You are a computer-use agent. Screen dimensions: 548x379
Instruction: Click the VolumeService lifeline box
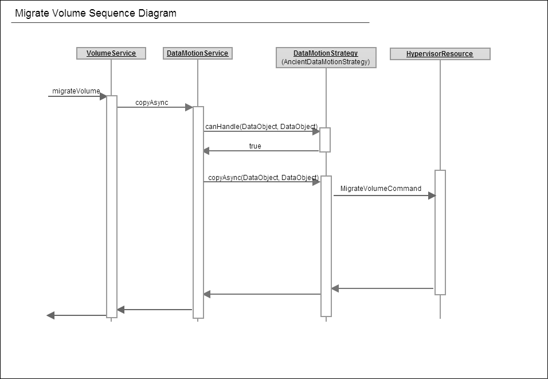(x=111, y=53)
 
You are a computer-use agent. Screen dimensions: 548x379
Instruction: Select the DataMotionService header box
(x=197, y=53)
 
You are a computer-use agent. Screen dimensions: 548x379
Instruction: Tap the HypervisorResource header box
(x=440, y=54)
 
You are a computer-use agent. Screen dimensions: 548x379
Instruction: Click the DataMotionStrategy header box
(x=326, y=57)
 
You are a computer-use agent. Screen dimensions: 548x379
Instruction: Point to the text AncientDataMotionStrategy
(x=326, y=62)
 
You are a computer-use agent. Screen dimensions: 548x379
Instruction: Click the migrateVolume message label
(x=76, y=91)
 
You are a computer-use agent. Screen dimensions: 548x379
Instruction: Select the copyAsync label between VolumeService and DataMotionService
(x=152, y=103)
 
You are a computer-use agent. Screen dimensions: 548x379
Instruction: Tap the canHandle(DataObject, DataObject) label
(x=261, y=126)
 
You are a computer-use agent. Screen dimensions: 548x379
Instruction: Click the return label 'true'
(x=255, y=146)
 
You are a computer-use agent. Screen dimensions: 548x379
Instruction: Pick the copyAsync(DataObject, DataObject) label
(x=264, y=177)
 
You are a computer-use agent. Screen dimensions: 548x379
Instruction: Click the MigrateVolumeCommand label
(x=381, y=189)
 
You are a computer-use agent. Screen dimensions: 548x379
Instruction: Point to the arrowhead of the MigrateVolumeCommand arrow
(x=432, y=196)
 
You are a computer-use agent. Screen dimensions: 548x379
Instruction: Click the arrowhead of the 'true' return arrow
(x=206, y=151)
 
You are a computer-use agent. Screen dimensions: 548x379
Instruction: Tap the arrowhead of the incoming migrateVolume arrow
(x=103, y=96)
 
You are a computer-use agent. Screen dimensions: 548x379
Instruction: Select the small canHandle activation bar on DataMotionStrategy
(x=325, y=140)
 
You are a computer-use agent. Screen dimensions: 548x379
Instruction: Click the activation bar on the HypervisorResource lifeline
(x=440, y=233)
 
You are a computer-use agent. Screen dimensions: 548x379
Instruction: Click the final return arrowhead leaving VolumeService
(x=50, y=315)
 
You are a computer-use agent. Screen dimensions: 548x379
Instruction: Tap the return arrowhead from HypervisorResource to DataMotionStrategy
(x=335, y=288)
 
